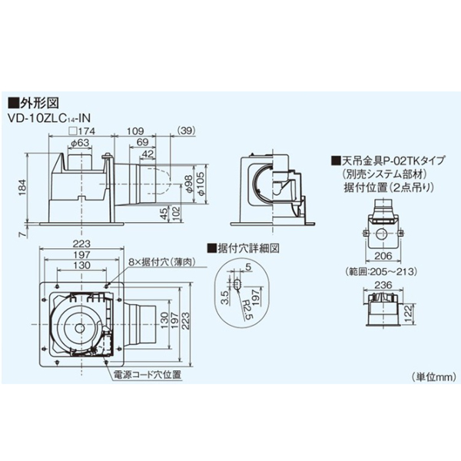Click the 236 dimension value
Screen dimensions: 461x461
[x=382, y=286]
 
